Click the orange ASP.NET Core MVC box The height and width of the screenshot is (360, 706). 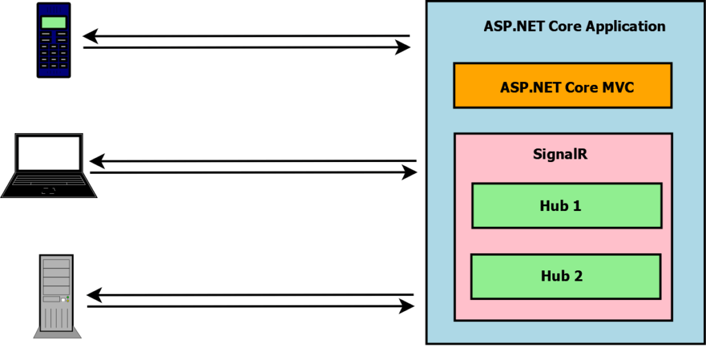(562, 86)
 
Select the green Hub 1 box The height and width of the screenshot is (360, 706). (566, 206)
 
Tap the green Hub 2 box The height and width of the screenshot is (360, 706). (565, 277)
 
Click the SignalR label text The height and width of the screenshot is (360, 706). (560, 154)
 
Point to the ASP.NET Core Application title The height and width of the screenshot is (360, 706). (574, 27)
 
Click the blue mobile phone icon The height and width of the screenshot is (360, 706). (53, 40)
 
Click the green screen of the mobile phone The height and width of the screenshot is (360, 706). (53, 22)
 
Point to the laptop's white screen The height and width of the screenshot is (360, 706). (49, 154)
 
